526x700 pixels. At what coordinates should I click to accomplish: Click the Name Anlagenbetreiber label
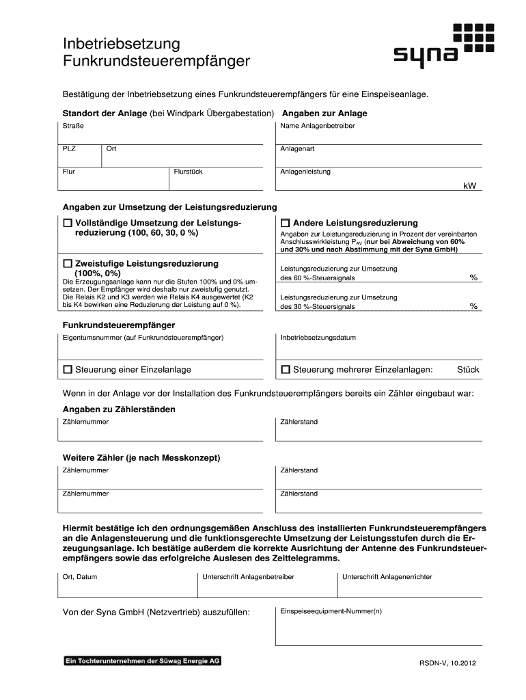[318, 126]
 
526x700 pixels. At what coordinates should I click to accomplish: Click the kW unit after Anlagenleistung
[469, 185]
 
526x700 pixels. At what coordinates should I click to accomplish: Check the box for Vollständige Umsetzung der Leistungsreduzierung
[68, 224]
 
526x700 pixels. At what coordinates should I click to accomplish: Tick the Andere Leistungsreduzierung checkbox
[286, 224]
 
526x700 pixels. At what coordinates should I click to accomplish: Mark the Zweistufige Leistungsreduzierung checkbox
[68, 264]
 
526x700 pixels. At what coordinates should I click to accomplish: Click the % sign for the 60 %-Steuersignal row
[473, 278]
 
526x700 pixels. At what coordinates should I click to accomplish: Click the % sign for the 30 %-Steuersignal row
[473, 306]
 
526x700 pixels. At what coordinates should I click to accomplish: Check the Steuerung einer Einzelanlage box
[68, 370]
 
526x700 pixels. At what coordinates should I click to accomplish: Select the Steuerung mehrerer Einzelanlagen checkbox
[286, 370]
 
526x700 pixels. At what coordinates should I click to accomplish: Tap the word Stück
[468, 370]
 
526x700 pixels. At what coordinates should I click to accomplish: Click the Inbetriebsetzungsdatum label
[318, 338]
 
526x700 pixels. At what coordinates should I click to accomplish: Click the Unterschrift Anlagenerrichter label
[387, 577]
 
